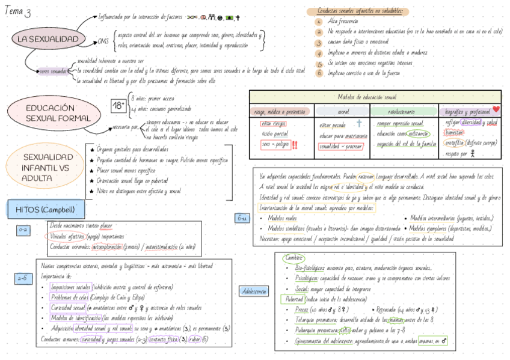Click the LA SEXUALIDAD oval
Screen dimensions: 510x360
[48, 40]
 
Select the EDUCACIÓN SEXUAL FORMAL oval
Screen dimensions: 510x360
[50, 113]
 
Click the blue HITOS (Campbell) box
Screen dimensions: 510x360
[46, 210]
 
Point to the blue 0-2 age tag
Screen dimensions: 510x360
[23, 230]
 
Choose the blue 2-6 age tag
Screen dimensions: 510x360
[22, 278]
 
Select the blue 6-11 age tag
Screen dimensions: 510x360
[242, 218]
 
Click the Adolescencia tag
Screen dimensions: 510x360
[253, 291]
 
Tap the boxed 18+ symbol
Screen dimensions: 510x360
[118, 105]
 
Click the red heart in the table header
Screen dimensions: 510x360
[496, 109]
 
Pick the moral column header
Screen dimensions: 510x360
[343, 112]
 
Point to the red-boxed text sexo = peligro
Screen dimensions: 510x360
[275, 145]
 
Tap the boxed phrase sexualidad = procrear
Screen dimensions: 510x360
[341, 146]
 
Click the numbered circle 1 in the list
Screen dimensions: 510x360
[319, 22]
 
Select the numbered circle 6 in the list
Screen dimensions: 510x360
[319, 73]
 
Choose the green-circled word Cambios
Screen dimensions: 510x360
[293, 258]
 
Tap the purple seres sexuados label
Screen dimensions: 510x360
[53, 72]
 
